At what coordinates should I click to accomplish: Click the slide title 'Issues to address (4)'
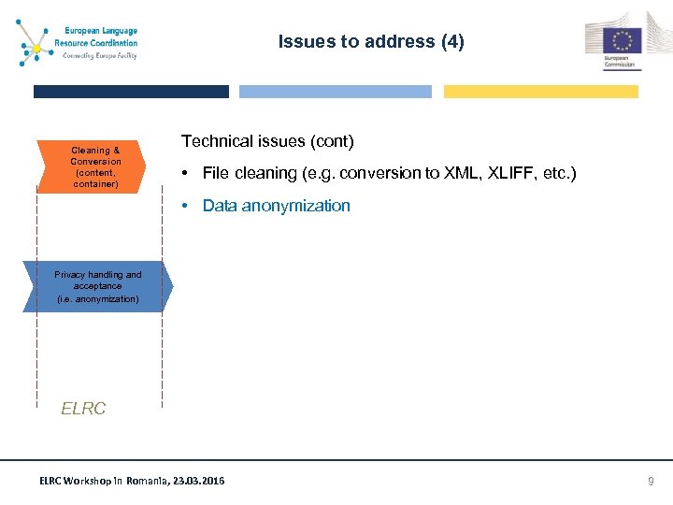pos(370,42)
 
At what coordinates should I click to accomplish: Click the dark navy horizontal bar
pos(131,92)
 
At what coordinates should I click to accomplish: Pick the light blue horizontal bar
pos(336,92)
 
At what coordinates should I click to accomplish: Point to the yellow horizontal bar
pos(540,92)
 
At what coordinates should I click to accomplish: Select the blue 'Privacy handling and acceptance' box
pos(97,287)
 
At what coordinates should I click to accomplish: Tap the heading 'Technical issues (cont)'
pos(267,141)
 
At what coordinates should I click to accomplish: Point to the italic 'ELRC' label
pos(83,409)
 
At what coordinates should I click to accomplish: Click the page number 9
pos(652,481)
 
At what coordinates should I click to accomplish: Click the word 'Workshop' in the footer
pos(83,481)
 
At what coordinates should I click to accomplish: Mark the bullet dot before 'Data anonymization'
pos(188,207)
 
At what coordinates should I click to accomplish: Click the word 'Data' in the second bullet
pos(220,206)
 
